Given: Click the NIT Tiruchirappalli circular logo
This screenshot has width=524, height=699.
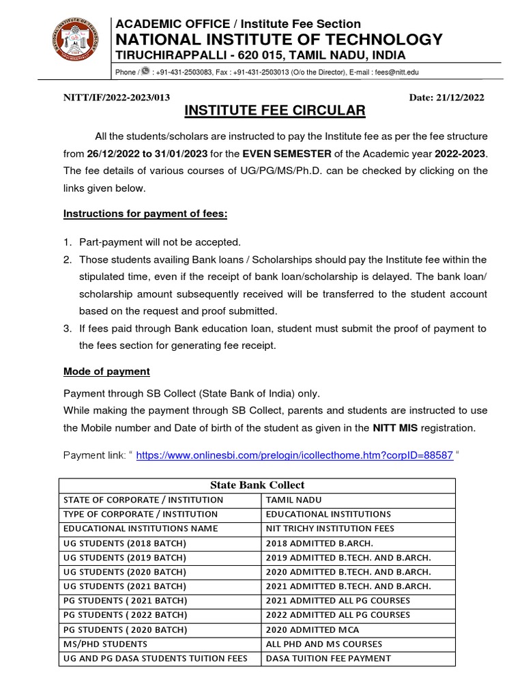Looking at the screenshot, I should pos(76,42).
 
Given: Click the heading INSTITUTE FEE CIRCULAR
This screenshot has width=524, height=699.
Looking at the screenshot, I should pos(276,111).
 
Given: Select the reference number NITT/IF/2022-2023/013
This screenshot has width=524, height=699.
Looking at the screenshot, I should pos(117,98).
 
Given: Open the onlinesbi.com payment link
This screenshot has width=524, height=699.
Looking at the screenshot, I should pos(294,455).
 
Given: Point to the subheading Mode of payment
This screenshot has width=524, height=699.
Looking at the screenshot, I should pos(106,372).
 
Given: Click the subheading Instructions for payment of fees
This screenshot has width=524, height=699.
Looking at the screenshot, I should pos(145,214).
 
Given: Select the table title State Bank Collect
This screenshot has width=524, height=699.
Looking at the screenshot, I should pos(257,485).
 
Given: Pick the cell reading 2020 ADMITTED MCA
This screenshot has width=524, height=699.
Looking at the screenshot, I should pos(313,629).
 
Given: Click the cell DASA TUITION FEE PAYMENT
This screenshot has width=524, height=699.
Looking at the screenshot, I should pos(328,658).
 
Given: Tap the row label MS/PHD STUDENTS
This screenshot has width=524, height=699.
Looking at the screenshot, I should pos(105,644).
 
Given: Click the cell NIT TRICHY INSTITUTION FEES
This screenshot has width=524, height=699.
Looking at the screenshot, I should pos(330,528).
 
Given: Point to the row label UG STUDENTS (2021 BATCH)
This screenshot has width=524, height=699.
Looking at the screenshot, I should pos(124,586).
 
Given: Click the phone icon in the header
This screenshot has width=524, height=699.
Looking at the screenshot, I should pos(145,72).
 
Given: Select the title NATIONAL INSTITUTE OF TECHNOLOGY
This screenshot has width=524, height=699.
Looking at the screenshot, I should pos(278,39).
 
